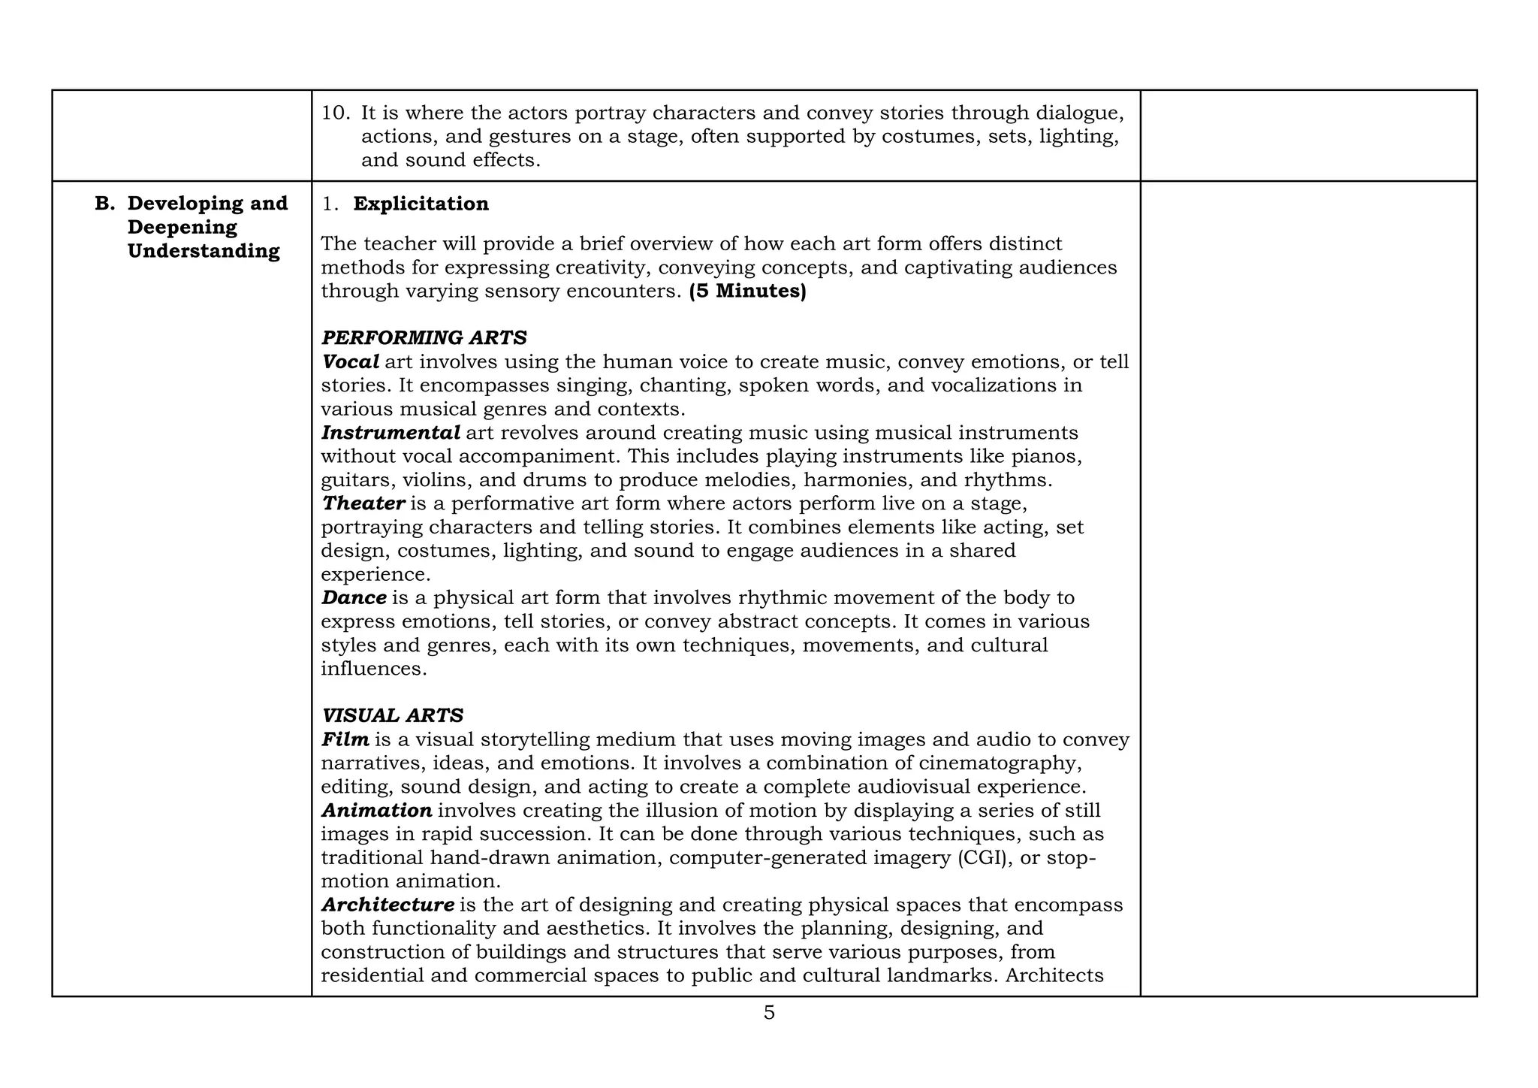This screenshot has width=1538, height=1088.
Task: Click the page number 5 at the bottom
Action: tap(768, 1013)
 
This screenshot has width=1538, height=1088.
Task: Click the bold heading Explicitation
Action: tap(421, 204)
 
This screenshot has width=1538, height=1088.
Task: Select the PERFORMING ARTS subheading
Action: tap(424, 338)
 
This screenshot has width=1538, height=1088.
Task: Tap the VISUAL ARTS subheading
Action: tap(392, 715)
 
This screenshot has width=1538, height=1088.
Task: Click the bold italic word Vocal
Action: tap(350, 361)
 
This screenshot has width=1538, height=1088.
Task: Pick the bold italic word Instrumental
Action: tap(391, 433)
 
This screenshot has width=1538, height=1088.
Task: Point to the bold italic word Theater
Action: tap(363, 503)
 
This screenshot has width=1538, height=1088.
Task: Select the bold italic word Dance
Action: tap(354, 598)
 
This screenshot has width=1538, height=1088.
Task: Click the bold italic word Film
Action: tap(345, 739)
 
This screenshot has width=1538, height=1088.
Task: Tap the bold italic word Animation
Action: tap(376, 811)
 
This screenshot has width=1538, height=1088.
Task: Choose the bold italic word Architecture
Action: tap(388, 905)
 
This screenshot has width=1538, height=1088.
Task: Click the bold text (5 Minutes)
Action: tap(747, 291)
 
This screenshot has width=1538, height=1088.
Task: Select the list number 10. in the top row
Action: tap(336, 113)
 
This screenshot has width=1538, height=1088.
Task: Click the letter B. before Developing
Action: tap(105, 204)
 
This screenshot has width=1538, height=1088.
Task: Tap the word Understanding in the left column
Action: tap(204, 251)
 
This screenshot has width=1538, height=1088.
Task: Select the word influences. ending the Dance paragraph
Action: tap(373, 669)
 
